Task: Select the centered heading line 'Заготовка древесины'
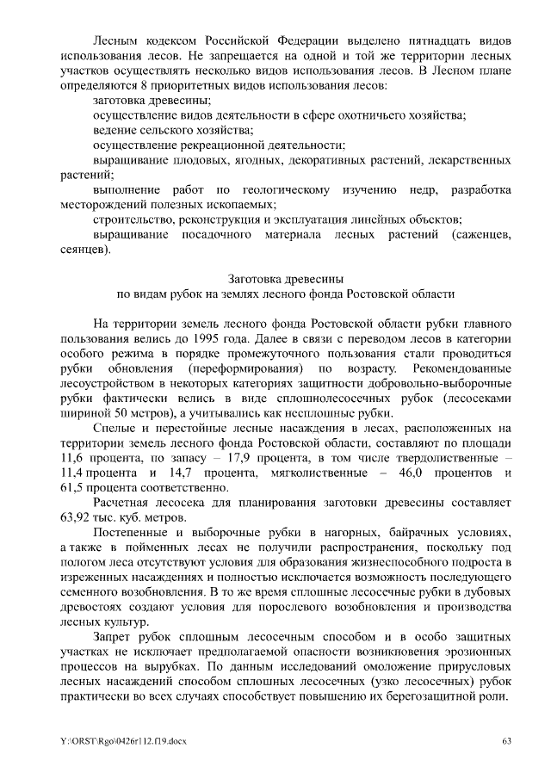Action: pyautogui.click(x=285, y=278)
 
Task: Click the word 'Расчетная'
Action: pyautogui.click(x=125, y=502)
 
